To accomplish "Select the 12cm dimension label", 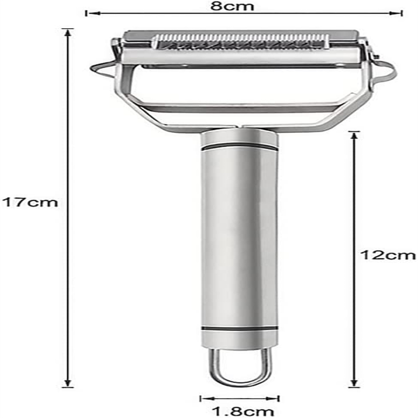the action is pyautogui.click(x=388, y=255).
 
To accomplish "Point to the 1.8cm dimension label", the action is pyautogui.click(x=242, y=411).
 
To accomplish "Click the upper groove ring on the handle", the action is pyautogui.click(x=239, y=146).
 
